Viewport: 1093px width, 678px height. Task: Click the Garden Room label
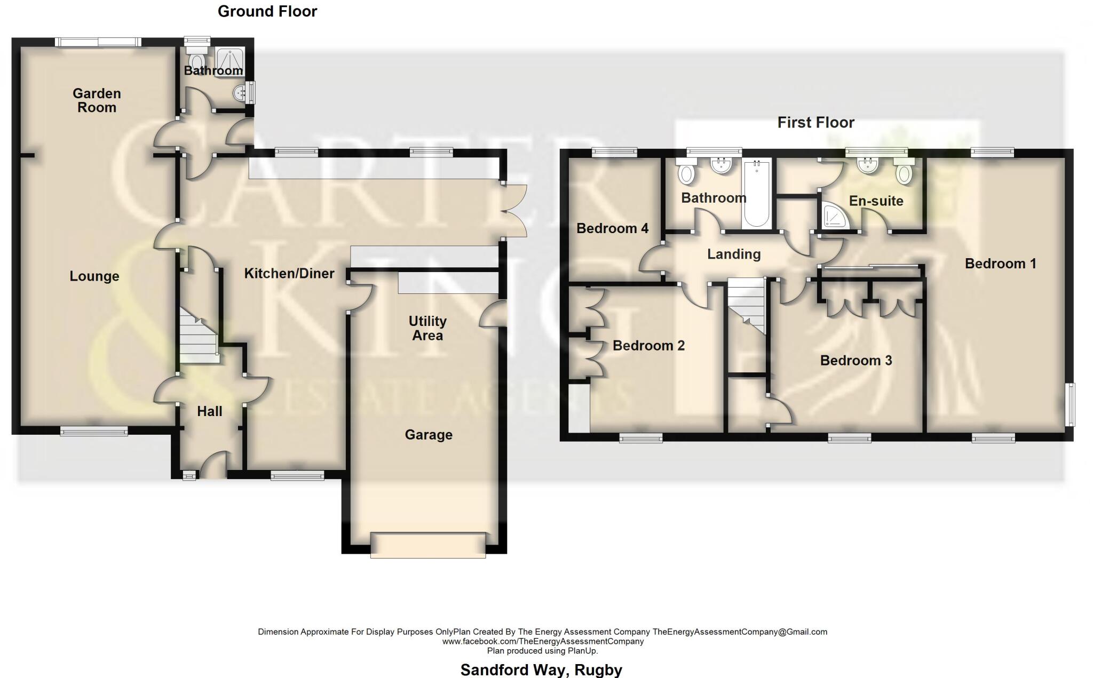click(97, 100)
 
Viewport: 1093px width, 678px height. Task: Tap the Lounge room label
click(94, 276)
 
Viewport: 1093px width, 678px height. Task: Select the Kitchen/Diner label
click(289, 274)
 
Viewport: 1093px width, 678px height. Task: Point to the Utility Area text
click(427, 328)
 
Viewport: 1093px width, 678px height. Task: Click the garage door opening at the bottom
click(428, 545)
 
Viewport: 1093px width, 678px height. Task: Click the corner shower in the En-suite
click(833, 216)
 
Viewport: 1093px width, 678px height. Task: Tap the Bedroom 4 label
click(612, 228)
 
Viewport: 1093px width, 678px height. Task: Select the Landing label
click(734, 254)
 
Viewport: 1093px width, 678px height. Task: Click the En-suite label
click(876, 201)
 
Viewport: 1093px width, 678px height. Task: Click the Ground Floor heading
click(267, 11)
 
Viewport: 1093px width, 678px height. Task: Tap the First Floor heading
click(815, 123)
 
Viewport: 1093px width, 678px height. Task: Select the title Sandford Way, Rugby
click(541, 669)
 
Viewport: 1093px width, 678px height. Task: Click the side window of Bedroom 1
click(1070, 404)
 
